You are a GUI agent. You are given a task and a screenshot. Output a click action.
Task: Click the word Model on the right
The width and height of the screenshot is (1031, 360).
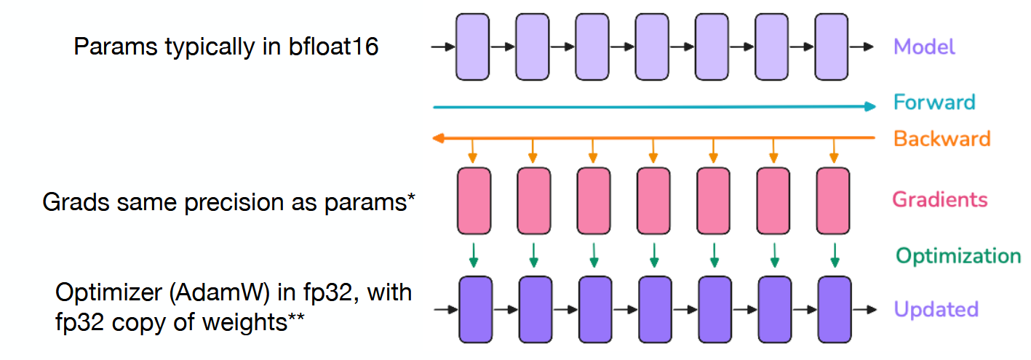(924, 47)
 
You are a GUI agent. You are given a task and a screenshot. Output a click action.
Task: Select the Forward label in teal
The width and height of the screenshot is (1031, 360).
(934, 102)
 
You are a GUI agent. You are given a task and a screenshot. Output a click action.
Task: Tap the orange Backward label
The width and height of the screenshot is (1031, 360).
(942, 139)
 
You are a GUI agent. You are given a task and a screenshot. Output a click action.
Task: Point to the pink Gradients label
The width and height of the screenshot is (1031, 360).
(940, 199)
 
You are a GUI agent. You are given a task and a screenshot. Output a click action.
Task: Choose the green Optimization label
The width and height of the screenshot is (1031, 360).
(958, 256)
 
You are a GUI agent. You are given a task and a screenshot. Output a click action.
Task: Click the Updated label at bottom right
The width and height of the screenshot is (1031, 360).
(936, 310)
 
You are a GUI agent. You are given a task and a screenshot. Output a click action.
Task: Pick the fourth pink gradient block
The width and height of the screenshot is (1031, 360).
(653, 201)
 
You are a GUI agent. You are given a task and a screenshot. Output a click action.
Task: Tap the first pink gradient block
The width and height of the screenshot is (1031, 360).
(474, 201)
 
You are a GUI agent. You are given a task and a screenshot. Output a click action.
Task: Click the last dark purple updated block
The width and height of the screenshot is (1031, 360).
(834, 310)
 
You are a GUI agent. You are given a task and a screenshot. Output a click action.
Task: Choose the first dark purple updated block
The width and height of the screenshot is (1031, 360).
(476, 310)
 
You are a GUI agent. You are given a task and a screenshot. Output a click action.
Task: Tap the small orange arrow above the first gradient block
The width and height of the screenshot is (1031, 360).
(473, 151)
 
